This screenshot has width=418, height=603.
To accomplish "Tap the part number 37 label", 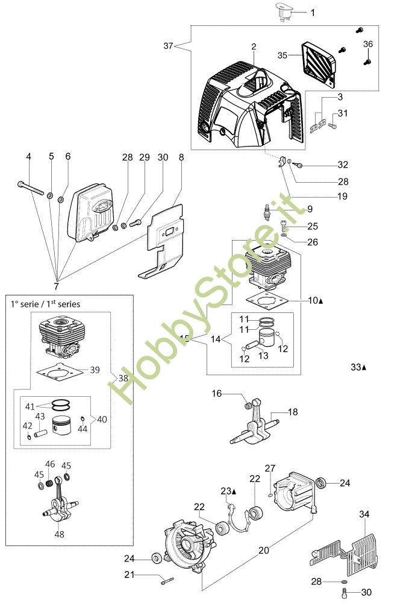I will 169,46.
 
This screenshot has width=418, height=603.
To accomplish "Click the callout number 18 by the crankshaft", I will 293,412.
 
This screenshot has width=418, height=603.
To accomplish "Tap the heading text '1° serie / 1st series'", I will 45,305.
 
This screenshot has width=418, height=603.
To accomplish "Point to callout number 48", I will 59,533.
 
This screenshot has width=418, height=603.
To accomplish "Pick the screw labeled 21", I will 167,581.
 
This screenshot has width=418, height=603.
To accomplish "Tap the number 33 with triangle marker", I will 358,367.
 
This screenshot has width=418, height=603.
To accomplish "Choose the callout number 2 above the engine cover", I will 254,46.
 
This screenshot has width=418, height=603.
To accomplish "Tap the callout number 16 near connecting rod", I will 216,393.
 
